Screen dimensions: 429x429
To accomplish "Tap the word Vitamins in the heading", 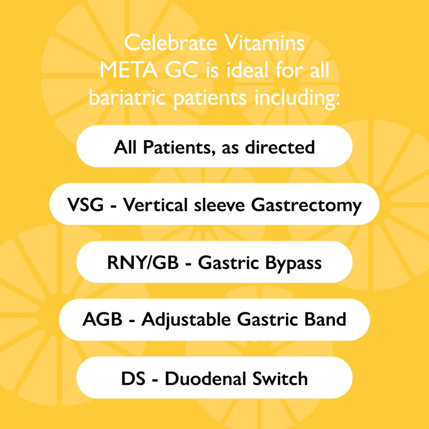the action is pos(265,42).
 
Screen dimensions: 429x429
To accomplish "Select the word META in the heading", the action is pos(128,70).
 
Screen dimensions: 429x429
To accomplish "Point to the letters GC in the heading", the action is pos(181,70).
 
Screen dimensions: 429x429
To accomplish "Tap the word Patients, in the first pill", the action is pos(179,148).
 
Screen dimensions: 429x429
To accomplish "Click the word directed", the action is pos(280,147).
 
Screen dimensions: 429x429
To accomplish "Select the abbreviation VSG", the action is pos(85,205).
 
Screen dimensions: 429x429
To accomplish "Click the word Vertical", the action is pos(155,204).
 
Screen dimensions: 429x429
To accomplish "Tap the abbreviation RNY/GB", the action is pos(143,263).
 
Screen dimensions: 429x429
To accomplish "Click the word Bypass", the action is pos(293,264).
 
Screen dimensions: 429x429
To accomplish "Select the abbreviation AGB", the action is pos(103,319).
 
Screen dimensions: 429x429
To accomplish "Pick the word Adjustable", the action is pos(186,320).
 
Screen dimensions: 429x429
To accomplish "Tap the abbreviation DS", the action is pos(133,378).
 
